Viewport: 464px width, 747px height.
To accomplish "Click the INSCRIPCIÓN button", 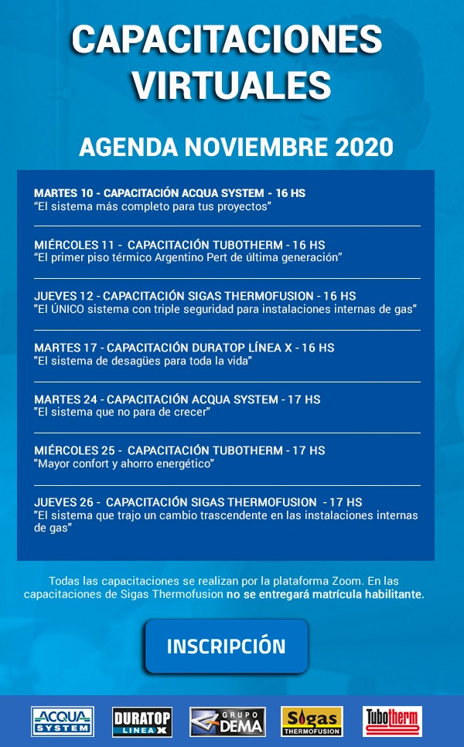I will click(x=226, y=646).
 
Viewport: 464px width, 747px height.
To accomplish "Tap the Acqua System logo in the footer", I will click(x=63, y=722).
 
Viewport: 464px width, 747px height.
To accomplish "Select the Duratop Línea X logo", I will click(x=142, y=722).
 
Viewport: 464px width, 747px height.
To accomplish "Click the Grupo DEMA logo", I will click(x=227, y=722).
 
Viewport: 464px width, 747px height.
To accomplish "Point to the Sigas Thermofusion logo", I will click(x=312, y=722).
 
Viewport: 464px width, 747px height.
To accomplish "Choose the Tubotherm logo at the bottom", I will click(x=392, y=722).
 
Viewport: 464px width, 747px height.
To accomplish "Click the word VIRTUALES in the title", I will click(x=231, y=83).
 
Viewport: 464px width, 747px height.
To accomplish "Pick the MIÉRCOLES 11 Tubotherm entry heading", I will click(x=179, y=245).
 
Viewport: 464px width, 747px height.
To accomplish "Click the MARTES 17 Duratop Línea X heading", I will click(x=184, y=348).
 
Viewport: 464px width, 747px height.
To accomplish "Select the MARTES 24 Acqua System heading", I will click(x=177, y=399).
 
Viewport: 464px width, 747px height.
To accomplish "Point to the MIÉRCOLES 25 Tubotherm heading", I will click(x=179, y=450).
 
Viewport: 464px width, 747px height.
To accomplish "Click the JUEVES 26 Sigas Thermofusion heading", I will click(x=198, y=502).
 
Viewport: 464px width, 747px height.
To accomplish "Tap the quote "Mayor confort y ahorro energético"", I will click(x=124, y=463).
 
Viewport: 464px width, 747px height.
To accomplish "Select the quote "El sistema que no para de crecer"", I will click(x=122, y=413).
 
